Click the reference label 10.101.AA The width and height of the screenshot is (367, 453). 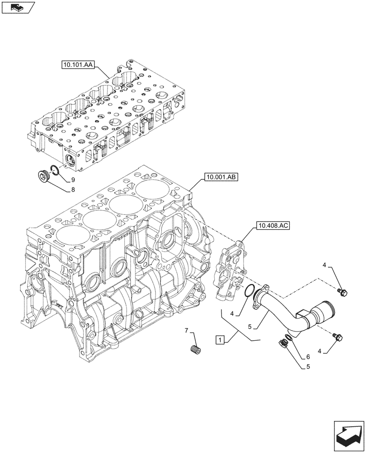(78, 66)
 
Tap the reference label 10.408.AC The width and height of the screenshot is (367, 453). (272, 225)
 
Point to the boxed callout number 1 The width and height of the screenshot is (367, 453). (220, 339)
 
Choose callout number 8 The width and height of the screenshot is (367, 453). (72, 190)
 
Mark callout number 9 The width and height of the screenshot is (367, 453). (72, 180)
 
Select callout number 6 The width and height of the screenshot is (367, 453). (308, 357)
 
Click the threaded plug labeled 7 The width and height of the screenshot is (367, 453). (196, 351)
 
